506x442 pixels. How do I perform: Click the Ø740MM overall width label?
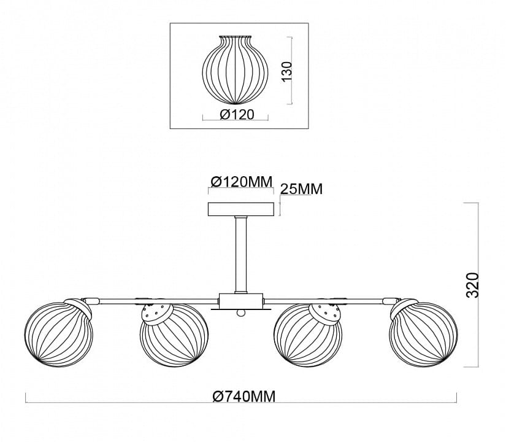244,396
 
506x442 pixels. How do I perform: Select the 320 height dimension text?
473,285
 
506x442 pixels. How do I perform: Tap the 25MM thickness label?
301,189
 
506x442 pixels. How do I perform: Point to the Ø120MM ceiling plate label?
242,182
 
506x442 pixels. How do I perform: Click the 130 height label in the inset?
286,71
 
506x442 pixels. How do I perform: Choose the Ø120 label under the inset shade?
237,114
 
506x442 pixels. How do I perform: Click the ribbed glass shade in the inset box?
236,70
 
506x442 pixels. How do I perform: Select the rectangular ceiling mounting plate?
241,209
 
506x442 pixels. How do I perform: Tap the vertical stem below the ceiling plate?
241,255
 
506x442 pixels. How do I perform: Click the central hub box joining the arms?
241,301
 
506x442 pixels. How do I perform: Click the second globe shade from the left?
174,335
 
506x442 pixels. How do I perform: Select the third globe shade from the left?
308,335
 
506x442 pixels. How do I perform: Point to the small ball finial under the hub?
240,312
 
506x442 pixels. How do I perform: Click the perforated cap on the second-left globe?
157,314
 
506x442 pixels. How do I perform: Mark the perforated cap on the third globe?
325,314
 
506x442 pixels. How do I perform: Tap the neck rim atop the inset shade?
236,36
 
